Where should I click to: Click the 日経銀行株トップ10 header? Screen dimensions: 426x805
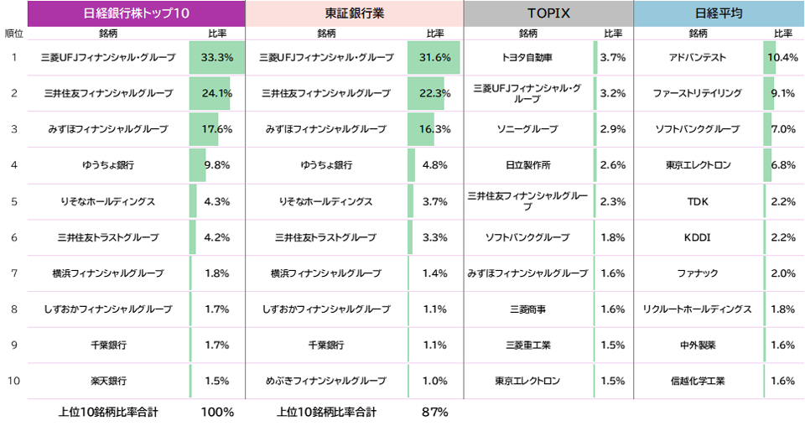[137, 13]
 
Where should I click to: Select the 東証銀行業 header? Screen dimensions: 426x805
[354, 13]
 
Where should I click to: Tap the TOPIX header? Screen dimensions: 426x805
[548, 13]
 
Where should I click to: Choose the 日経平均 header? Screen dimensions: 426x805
[719, 13]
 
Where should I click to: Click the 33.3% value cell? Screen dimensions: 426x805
[217, 58]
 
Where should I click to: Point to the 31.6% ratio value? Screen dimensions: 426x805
[435, 58]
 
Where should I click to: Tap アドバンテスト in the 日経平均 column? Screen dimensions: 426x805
[698, 58]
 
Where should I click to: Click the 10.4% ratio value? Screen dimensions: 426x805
[782, 58]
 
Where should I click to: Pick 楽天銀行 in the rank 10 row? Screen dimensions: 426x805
[108, 381]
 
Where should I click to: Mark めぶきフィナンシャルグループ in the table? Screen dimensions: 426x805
[326, 381]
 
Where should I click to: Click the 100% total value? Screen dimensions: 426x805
[217, 412]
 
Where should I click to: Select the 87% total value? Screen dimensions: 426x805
[435, 412]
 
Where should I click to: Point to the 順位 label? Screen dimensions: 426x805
[13, 34]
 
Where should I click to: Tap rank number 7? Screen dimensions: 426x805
[14, 273]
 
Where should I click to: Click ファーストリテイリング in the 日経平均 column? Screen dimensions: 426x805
[698, 93]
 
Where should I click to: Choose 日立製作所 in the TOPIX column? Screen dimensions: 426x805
[528, 165]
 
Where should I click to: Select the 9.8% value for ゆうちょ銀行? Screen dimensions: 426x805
[217, 165]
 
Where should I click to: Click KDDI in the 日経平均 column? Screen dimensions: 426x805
[698, 237]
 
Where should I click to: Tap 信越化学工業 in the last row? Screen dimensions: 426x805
[698, 381]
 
